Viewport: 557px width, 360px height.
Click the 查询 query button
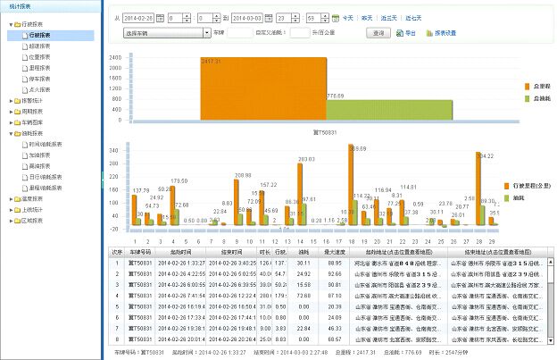(378, 32)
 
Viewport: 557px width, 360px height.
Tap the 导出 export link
(407, 32)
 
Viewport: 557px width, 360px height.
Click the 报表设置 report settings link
(445, 32)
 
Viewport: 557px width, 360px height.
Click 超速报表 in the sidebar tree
(38, 46)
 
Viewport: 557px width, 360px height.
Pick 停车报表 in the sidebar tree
(38, 77)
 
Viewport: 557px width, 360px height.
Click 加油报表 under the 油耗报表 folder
(41, 154)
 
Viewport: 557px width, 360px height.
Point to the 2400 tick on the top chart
(114, 57)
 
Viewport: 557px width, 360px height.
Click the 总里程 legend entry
(541, 86)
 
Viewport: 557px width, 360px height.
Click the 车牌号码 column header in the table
(141, 253)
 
